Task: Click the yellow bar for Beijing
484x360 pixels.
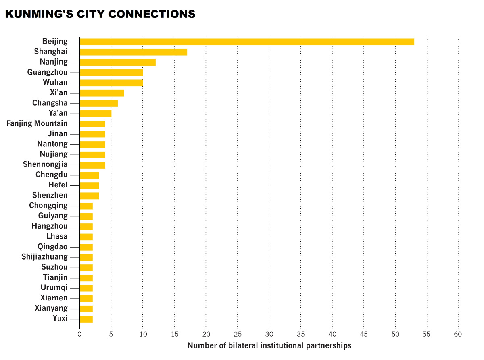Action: click(x=247, y=42)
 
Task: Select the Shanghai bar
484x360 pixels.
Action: click(x=134, y=52)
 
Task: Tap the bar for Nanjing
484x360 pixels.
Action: click(x=118, y=62)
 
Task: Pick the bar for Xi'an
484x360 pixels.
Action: click(x=102, y=93)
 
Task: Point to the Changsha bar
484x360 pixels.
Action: click(x=99, y=104)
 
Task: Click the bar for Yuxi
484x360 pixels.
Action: click(x=86, y=319)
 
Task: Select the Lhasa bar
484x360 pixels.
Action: click(x=86, y=237)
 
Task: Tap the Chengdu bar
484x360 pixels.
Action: click(x=90, y=175)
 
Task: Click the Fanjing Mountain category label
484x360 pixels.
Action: click(x=37, y=123)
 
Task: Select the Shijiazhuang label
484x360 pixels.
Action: click(x=44, y=257)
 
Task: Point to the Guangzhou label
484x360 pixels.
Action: click(x=47, y=72)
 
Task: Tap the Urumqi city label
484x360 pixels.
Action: click(x=54, y=288)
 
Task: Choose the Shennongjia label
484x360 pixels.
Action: click(x=45, y=164)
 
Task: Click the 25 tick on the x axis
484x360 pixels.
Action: click(x=238, y=334)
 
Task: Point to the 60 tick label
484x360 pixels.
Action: click(x=458, y=334)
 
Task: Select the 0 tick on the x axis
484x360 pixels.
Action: click(x=79, y=334)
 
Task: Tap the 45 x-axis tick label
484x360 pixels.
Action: click(x=364, y=334)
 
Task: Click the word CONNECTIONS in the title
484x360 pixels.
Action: click(x=152, y=14)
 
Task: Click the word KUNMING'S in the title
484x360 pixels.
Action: click(x=39, y=14)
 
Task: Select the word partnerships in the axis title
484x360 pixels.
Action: click(x=329, y=346)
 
